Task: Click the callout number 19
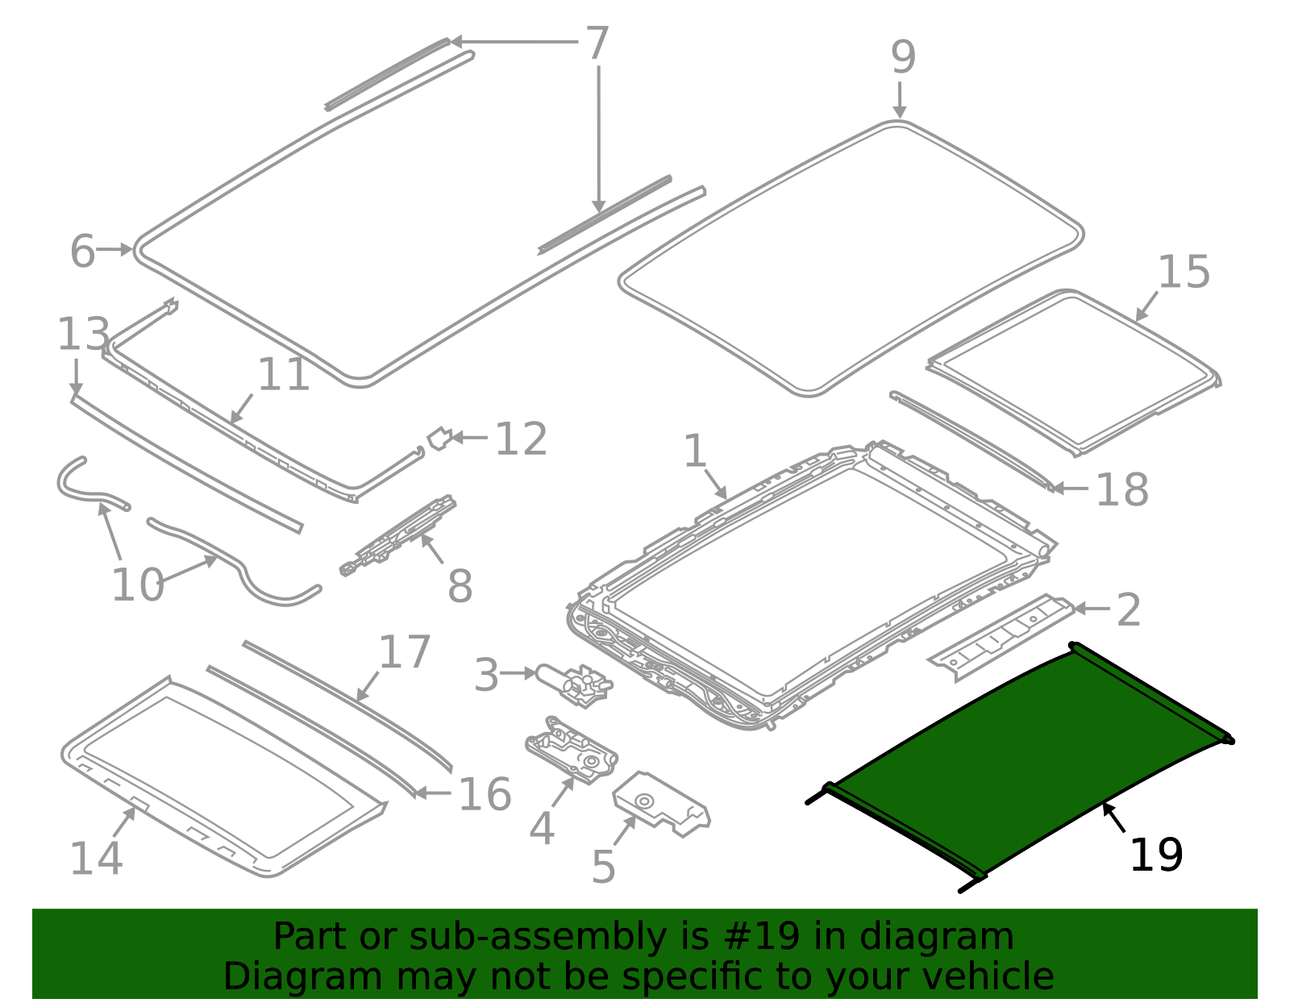pos(1155,855)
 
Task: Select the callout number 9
pos(903,58)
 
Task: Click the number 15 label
pos(1184,273)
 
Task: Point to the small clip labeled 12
pos(439,438)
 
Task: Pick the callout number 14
pos(96,859)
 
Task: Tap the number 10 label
pos(137,585)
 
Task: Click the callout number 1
pos(695,451)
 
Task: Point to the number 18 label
pos(1121,489)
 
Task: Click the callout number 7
pos(596,44)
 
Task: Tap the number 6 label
pos(81,252)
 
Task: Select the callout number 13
pos(82,335)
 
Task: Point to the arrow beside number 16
pos(434,793)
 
